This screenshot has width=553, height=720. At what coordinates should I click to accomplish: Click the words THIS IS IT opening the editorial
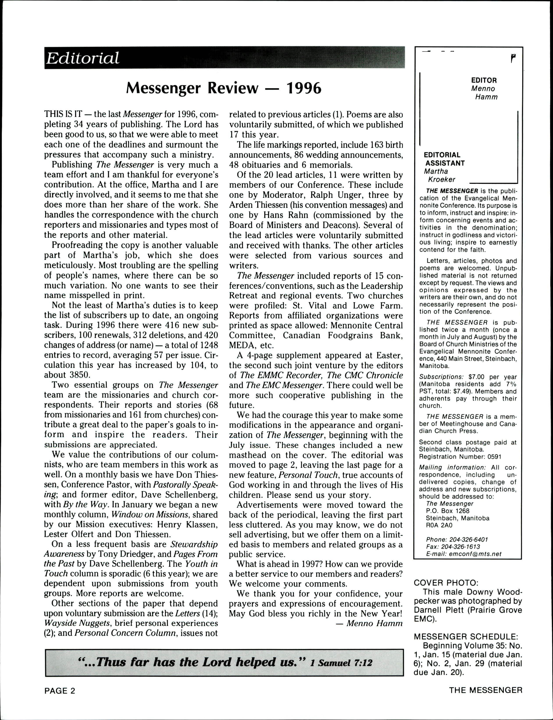63,114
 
